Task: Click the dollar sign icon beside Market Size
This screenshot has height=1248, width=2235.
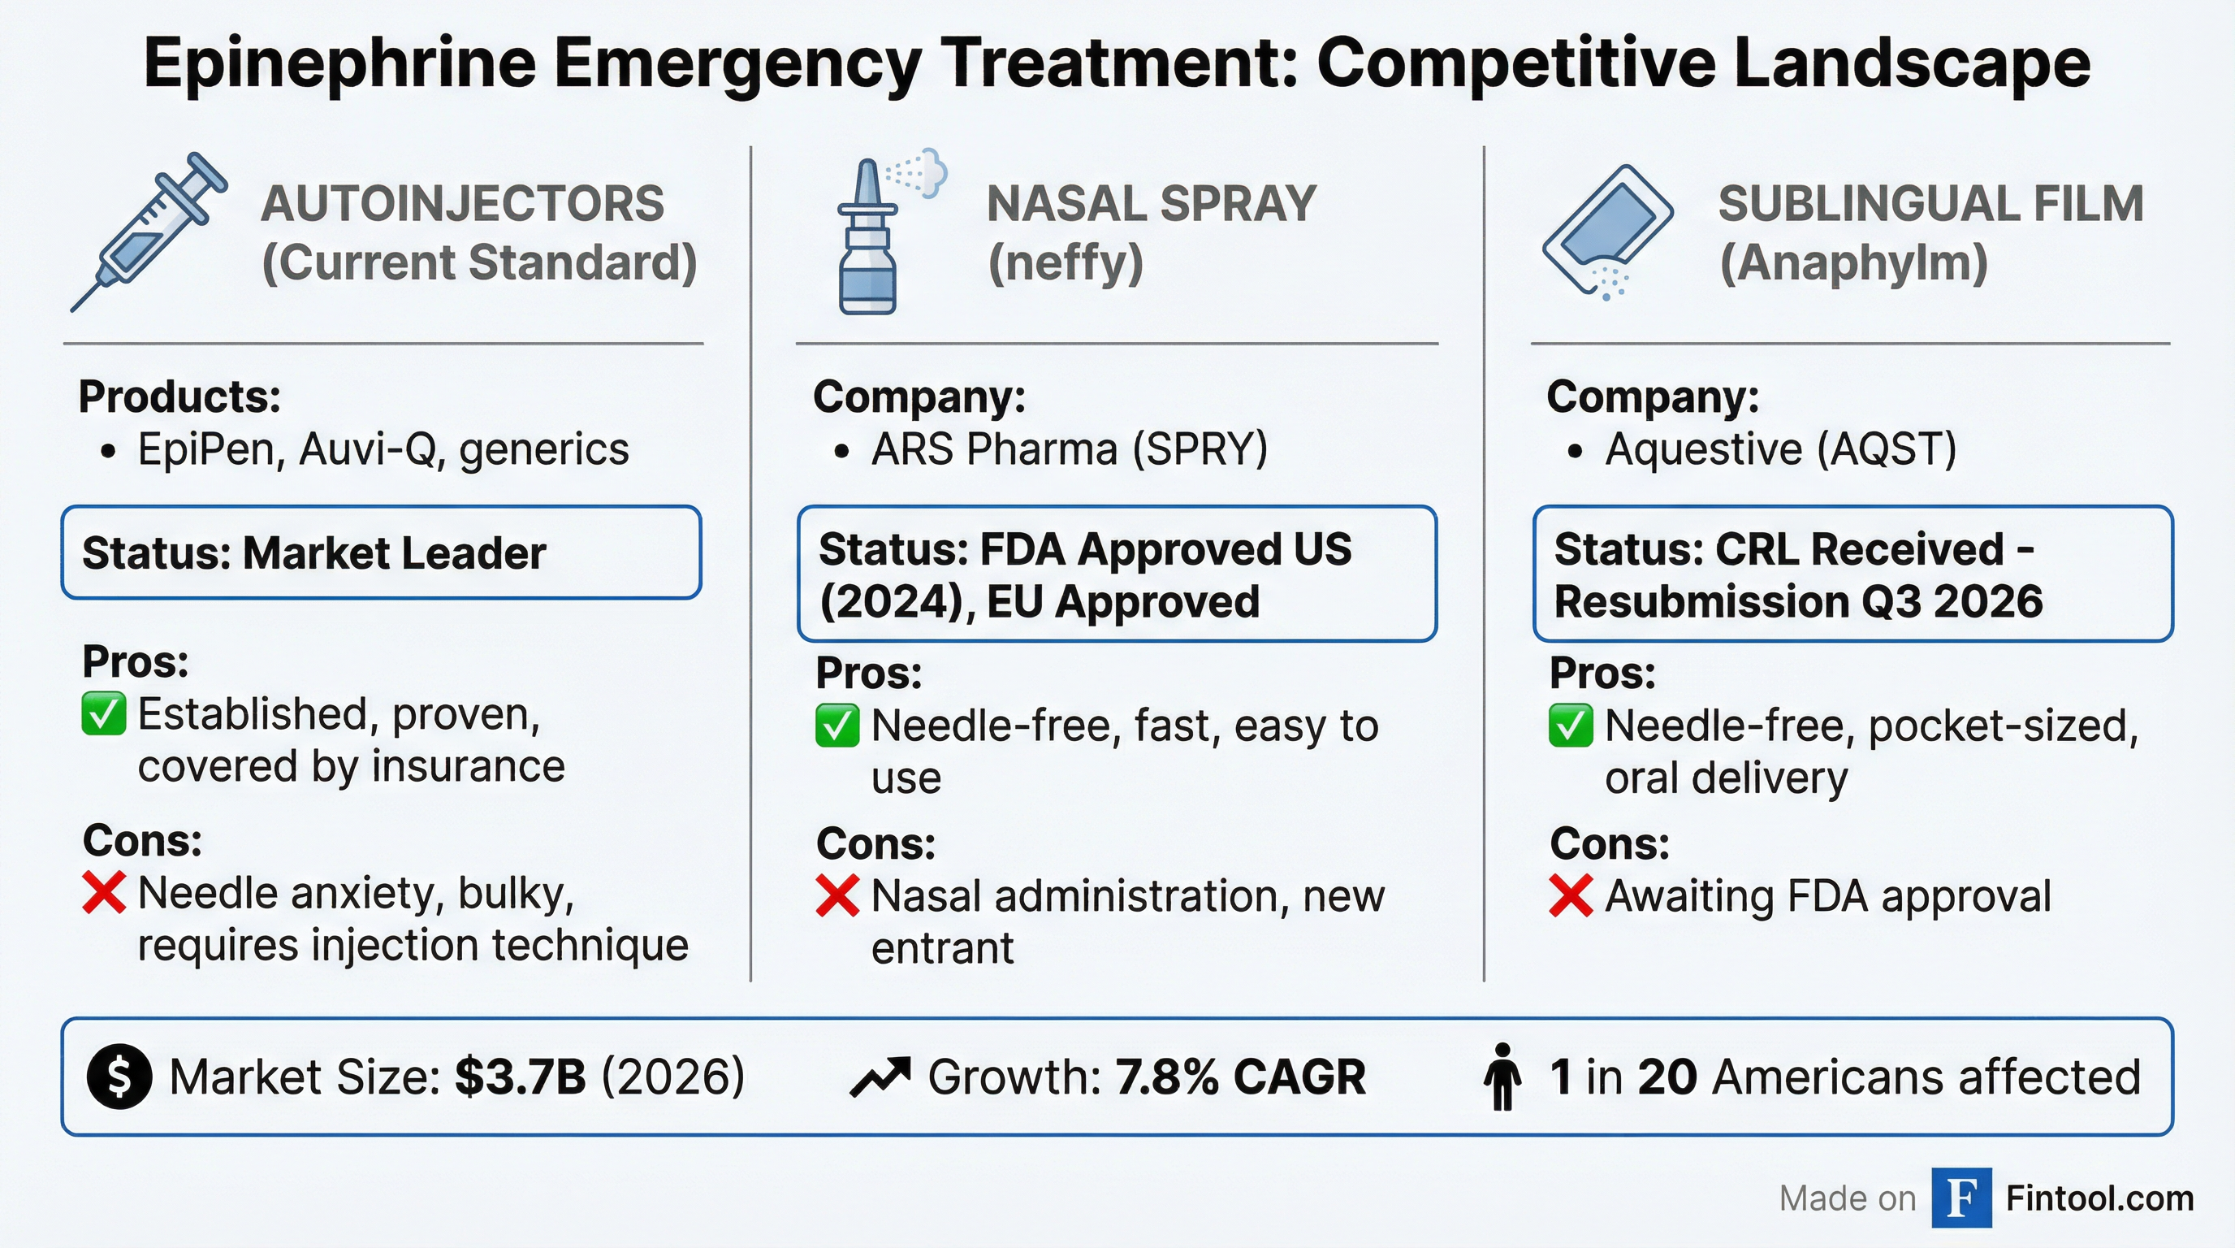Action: pyautogui.click(x=119, y=1077)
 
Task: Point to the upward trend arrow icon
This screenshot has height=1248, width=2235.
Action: pyautogui.click(x=880, y=1077)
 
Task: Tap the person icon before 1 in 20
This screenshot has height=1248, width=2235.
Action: pyautogui.click(x=1502, y=1077)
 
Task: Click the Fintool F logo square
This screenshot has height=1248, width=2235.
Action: pyautogui.click(x=1961, y=1198)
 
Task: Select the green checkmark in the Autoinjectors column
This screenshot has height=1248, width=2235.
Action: pyautogui.click(x=103, y=714)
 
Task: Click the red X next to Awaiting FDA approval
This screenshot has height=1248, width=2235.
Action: pyautogui.click(x=1571, y=895)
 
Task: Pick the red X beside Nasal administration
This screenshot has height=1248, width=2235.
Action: pyautogui.click(x=837, y=895)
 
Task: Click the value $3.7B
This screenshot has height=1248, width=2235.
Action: pyautogui.click(x=520, y=1077)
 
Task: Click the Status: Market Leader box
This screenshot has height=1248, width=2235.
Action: pyautogui.click(x=381, y=552)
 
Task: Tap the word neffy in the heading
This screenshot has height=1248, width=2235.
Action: pyautogui.click(x=1066, y=262)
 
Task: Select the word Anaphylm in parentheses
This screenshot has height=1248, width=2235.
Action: pyautogui.click(x=1853, y=262)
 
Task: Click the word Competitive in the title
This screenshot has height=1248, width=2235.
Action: pyautogui.click(x=1515, y=63)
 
